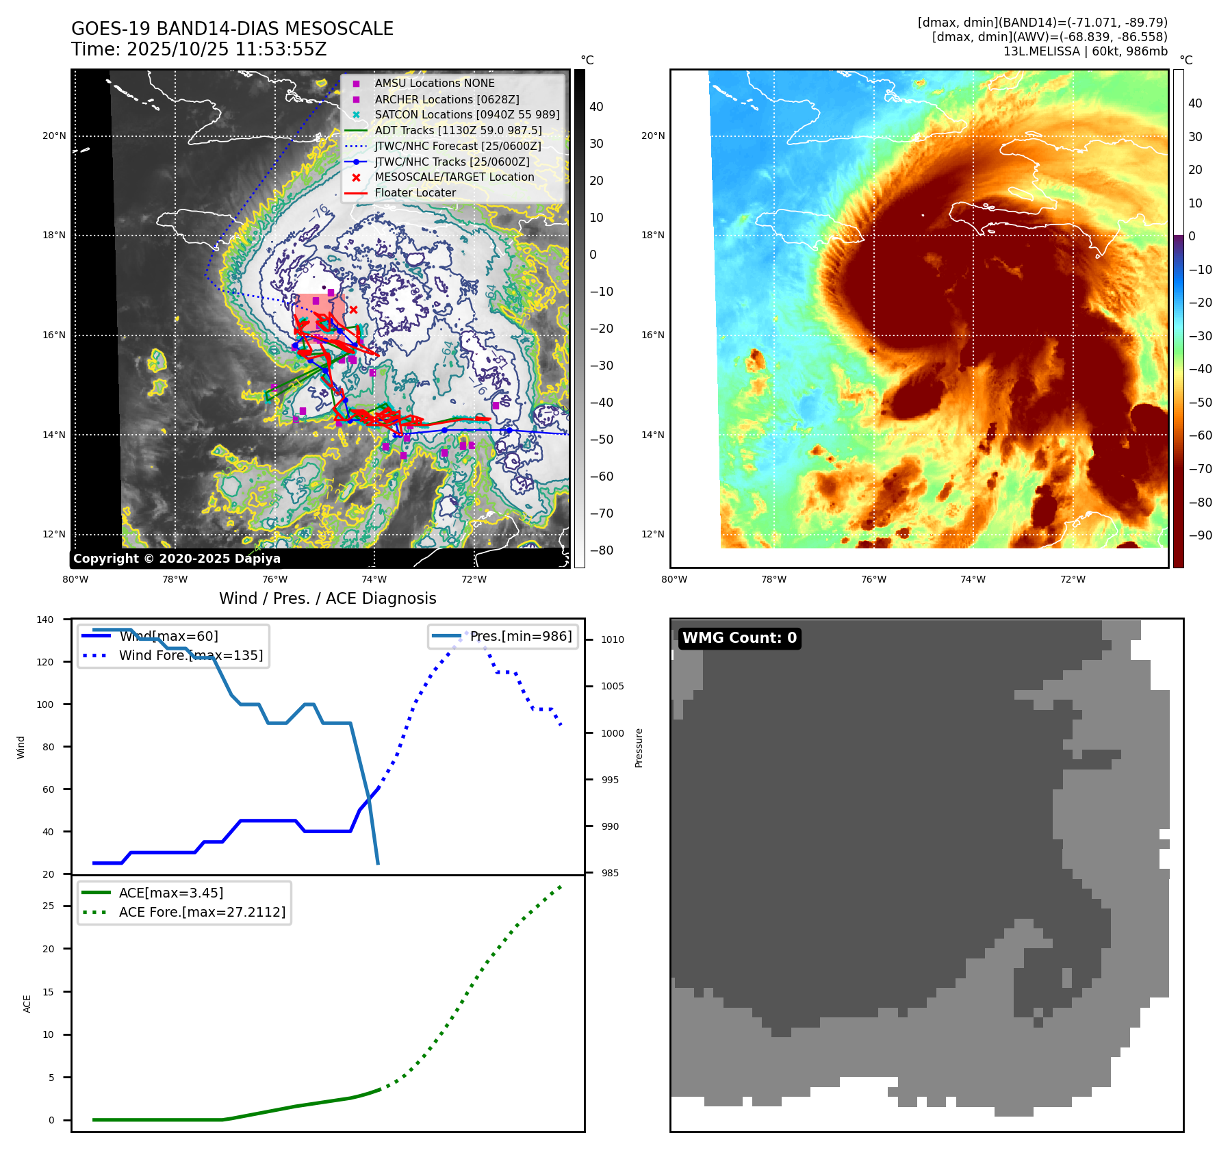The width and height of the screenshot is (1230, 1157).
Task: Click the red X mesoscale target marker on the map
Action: coord(353,310)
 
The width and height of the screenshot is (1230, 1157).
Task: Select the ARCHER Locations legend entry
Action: coord(446,99)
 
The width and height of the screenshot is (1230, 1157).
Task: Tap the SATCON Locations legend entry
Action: coord(467,115)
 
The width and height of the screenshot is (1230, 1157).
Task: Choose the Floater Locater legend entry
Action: coord(415,193)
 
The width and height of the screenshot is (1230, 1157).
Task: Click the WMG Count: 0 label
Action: coord(739,638)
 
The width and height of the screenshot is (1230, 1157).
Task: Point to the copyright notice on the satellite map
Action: coord(177,559)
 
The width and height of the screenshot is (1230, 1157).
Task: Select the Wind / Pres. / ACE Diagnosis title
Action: coord(327,599)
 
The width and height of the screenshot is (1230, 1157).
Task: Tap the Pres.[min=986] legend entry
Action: coord(520,637)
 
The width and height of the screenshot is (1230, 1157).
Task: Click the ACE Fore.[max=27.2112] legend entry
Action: coord(202,913)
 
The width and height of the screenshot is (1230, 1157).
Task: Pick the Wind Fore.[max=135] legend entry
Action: coord(190,656)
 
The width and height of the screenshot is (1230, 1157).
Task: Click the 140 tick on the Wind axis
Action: coord(44,620)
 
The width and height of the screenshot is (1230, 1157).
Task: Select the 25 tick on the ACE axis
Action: coord(48,906)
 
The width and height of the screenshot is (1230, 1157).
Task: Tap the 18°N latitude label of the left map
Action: coord(54,236)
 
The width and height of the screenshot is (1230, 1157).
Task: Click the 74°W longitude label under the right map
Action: coord(973,580)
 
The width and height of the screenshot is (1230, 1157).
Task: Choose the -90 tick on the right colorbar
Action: coord(1200,536)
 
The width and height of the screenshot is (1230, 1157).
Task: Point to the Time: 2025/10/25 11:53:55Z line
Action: coord(198,50)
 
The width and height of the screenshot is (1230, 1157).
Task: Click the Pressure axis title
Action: coord(639,748)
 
